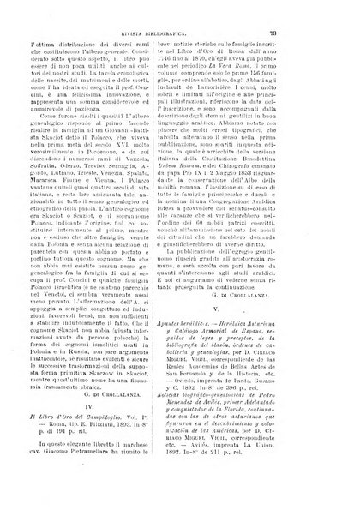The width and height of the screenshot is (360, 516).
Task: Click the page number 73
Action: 318,33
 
